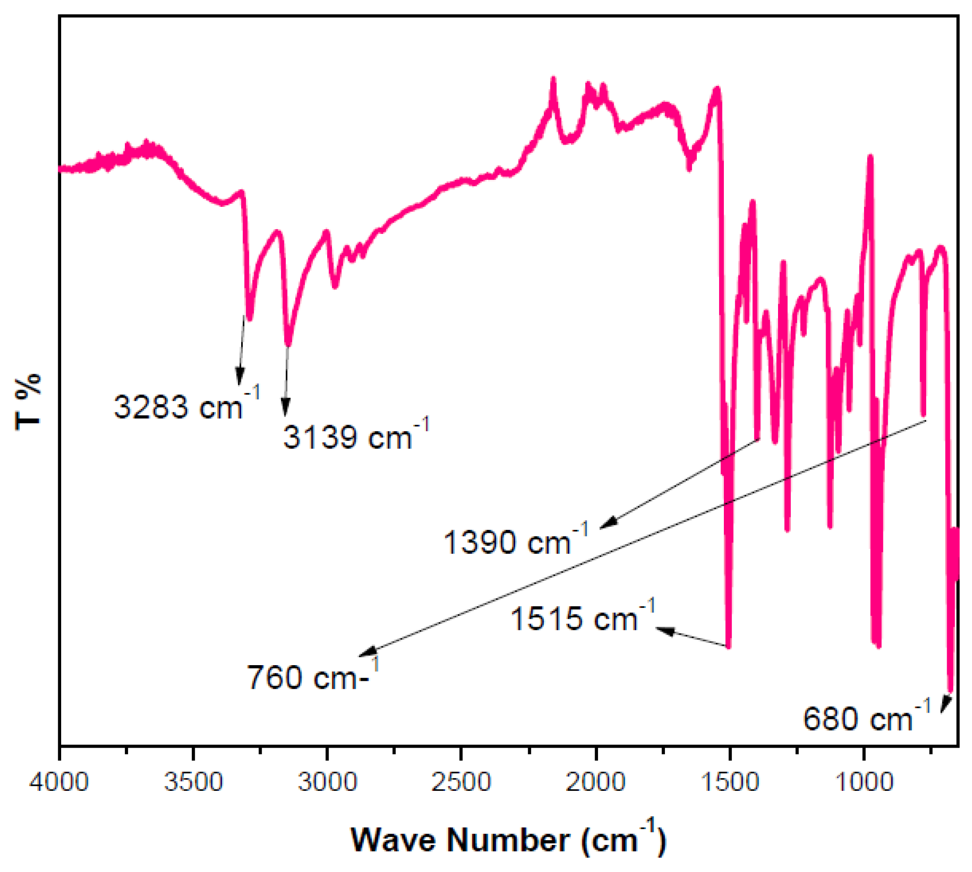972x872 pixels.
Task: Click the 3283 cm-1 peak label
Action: click(x=186, y=407)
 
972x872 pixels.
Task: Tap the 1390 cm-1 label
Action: click(x=515, y=542)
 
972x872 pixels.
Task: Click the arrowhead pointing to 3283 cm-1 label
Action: click(x=240, y=377)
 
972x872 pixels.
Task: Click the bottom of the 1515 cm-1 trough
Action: click(x=729, y=646)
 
